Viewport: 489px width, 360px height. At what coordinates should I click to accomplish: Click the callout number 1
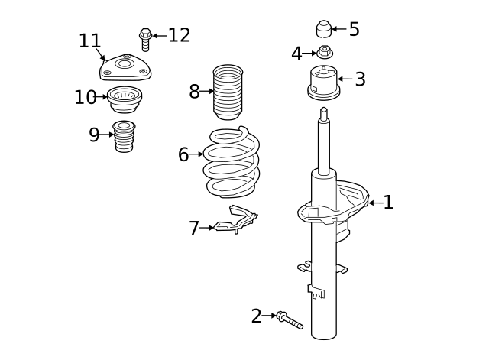388,203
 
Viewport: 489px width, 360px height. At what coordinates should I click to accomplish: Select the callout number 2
256,316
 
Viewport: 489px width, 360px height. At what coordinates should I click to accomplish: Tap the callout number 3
360,79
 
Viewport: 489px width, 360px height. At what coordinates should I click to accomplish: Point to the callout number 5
354,30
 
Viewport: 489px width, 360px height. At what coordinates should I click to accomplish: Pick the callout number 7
194,228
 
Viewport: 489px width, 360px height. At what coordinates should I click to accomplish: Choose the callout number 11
89,41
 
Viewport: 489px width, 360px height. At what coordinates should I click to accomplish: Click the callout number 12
179,35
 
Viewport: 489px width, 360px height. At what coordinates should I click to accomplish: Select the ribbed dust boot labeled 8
228,93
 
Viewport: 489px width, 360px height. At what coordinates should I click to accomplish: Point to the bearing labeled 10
127,99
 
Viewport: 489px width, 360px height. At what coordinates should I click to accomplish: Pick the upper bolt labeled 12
145,38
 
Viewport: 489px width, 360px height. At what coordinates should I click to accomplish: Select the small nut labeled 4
325,52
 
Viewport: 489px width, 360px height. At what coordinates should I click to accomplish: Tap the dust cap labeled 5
324,29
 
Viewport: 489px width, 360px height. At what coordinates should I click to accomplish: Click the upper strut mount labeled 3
323,83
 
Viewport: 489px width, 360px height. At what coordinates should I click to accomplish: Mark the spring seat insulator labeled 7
235,219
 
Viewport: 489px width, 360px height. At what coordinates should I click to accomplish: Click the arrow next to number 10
103,97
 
